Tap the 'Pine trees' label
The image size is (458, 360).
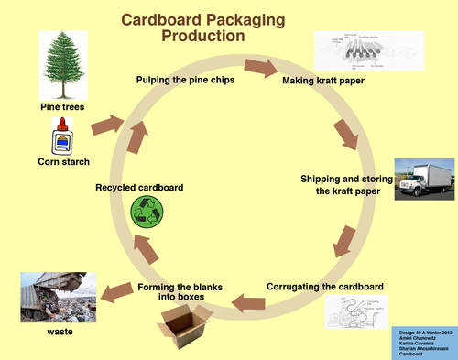point(63,108)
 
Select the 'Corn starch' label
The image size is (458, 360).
point(62,163)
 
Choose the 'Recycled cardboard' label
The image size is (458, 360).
point(139,187)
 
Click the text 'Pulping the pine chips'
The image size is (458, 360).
point(183,80)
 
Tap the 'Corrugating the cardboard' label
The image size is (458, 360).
point(325,286)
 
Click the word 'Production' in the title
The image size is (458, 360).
point(203,36)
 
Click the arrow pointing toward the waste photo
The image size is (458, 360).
point(115,291)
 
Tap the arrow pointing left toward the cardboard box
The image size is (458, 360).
point(245,300)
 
